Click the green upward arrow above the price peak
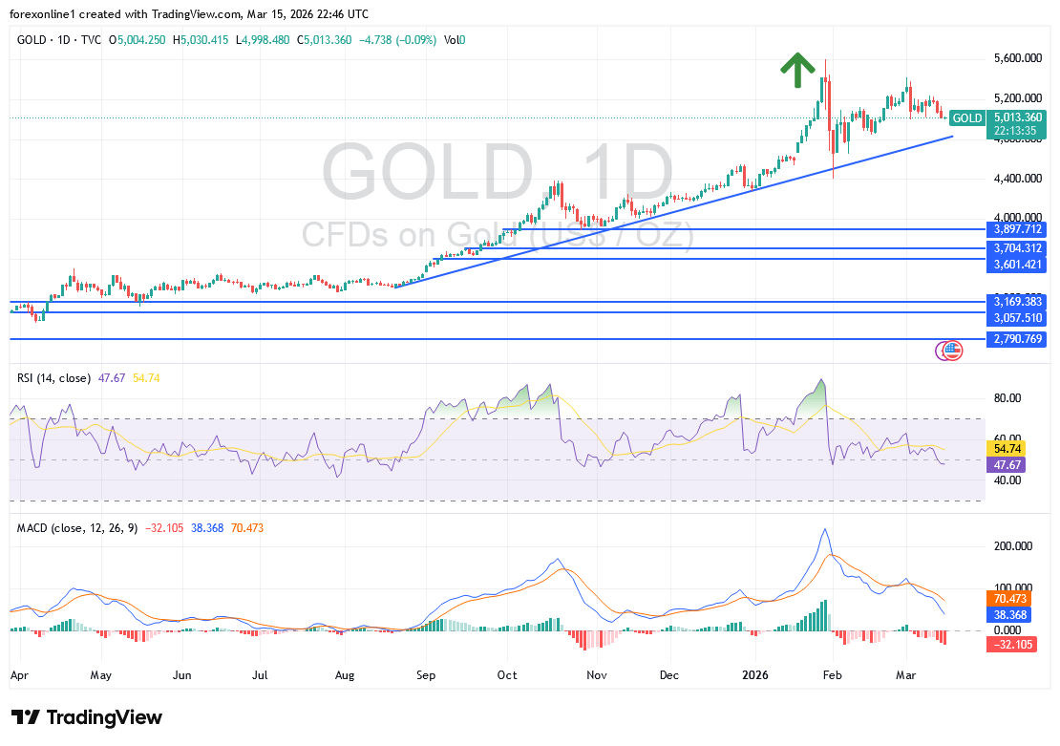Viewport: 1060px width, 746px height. pyautogui.click(x=797, y=70)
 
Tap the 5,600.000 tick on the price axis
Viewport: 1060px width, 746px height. pyautogui.click(x=1012, y=58)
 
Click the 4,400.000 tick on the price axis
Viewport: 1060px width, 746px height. pyautogui.click(x=1012, y=179)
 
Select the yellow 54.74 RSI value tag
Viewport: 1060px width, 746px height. pyautogui.click(x=1007, y=448)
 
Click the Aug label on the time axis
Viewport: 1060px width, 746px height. pyautogui.click(x=346, y=674)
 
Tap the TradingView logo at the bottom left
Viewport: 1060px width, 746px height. pyautogui.click(x=87, y=717)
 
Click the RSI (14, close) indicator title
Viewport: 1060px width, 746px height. pyautogui.click(x=53, y=378)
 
